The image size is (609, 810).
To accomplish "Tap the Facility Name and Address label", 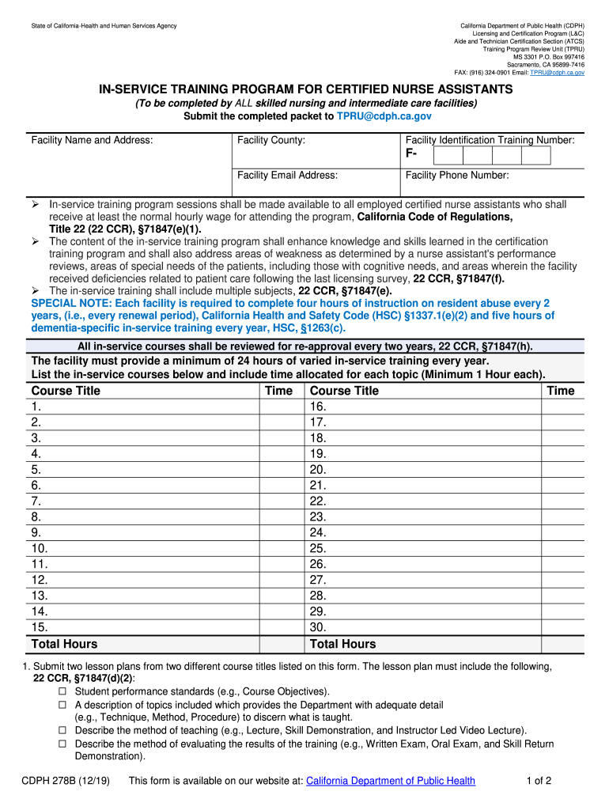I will (92, 140).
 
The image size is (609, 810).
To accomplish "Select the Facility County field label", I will (271, 140).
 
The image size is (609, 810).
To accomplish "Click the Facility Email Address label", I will (287, 175).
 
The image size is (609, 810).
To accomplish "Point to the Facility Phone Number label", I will (457, 175).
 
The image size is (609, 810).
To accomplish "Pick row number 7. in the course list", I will (36, 502).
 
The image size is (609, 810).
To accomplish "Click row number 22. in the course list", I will (318, 502).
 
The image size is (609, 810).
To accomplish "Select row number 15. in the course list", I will (40, 628).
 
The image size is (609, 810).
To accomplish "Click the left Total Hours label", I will (64, 644).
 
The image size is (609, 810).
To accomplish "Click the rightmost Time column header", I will (561, 391).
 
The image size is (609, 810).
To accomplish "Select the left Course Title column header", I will (66, 391).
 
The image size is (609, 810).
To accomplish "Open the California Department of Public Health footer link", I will (391, 781).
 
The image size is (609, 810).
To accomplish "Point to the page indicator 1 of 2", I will (539, 781).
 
